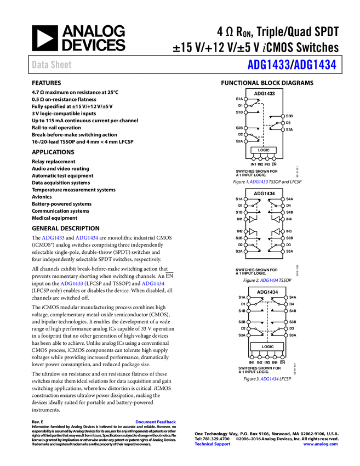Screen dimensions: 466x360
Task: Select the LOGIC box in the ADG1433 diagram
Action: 264,150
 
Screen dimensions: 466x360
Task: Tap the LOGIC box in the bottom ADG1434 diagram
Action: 267,346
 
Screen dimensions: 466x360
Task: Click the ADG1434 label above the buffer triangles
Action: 264,194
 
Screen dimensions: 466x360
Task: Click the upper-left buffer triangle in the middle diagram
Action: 253,218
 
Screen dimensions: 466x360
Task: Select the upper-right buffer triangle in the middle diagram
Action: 276,218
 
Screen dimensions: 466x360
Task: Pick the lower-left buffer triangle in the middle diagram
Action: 253,232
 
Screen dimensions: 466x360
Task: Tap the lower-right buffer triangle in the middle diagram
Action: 276,232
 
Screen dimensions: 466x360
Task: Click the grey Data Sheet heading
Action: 52,65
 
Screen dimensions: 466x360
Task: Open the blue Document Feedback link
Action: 156,422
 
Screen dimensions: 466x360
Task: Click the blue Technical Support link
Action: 213,444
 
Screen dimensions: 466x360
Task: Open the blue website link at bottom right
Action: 321,444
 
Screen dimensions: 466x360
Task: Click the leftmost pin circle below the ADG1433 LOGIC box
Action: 254,159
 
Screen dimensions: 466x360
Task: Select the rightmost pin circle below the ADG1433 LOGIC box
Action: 274,159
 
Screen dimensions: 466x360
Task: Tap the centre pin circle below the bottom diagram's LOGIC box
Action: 267,357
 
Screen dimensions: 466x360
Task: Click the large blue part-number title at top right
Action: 292,65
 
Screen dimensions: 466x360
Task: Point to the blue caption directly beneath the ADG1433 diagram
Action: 259,181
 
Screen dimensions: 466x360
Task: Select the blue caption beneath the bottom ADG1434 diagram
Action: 269,379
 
